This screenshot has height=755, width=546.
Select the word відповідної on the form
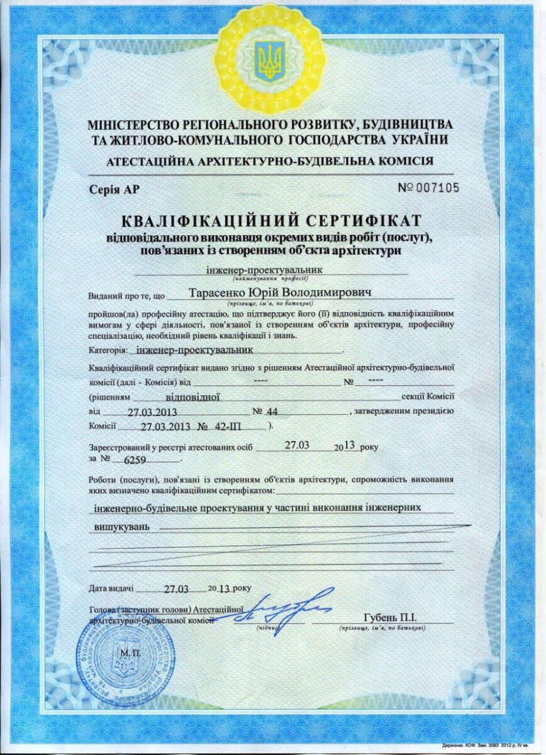click(192, 398)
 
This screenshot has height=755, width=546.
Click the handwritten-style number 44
click(272, 412)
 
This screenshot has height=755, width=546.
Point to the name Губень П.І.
click(390, 617)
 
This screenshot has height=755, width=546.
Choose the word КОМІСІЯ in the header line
click(402, 161)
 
